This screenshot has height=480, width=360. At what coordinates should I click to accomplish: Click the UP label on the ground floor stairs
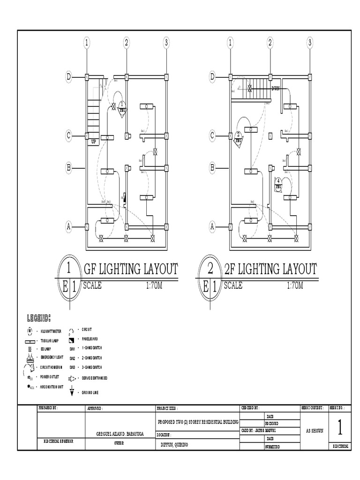[93, 141]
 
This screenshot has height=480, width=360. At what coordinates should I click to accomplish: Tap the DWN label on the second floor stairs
[275, 88]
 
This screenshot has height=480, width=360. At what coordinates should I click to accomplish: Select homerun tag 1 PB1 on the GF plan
[122, 107]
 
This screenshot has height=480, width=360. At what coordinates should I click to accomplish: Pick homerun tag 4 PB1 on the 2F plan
[278, 183]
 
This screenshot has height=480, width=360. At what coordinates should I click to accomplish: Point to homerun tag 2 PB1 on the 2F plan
[238, 137]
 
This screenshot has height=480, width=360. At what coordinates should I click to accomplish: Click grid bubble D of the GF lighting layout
[68, 76]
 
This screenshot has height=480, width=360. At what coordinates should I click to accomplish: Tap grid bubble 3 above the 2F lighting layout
[309, 43]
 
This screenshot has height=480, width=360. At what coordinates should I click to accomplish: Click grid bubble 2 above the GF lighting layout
[126, 43]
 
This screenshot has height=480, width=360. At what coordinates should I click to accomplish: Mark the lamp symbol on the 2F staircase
[250, 87]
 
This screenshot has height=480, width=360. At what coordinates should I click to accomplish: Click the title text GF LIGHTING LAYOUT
[130, 270]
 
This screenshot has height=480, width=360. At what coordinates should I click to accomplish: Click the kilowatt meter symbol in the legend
[30, 331]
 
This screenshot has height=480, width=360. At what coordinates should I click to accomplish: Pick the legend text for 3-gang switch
[90, 367]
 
